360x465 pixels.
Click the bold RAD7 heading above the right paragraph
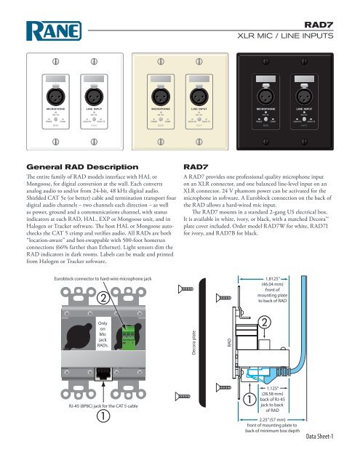click(199, 166)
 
